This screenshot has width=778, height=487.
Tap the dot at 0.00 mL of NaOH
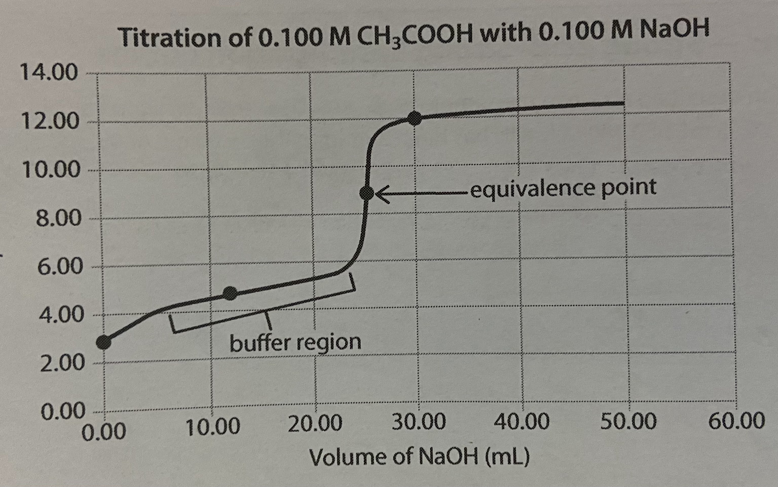pyautogui.click(x=104, y=342)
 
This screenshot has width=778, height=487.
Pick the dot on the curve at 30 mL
pyautogui.click(x=414, y=118)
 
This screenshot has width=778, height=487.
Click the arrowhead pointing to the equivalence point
pyautogui.click(x=381, y=194)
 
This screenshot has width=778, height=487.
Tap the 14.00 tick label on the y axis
pyautogui.click(x=49, y=73)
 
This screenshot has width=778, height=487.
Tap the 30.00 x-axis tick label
pyautogui.click(x=419, y=422)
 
